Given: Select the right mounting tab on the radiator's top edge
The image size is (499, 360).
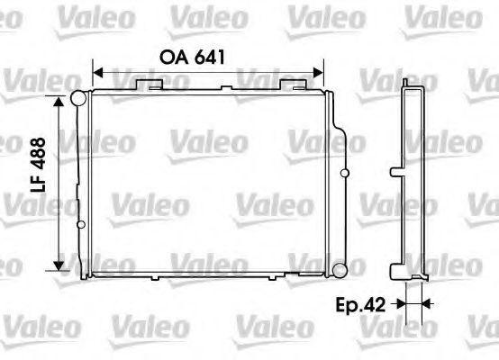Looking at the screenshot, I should [294, 84].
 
